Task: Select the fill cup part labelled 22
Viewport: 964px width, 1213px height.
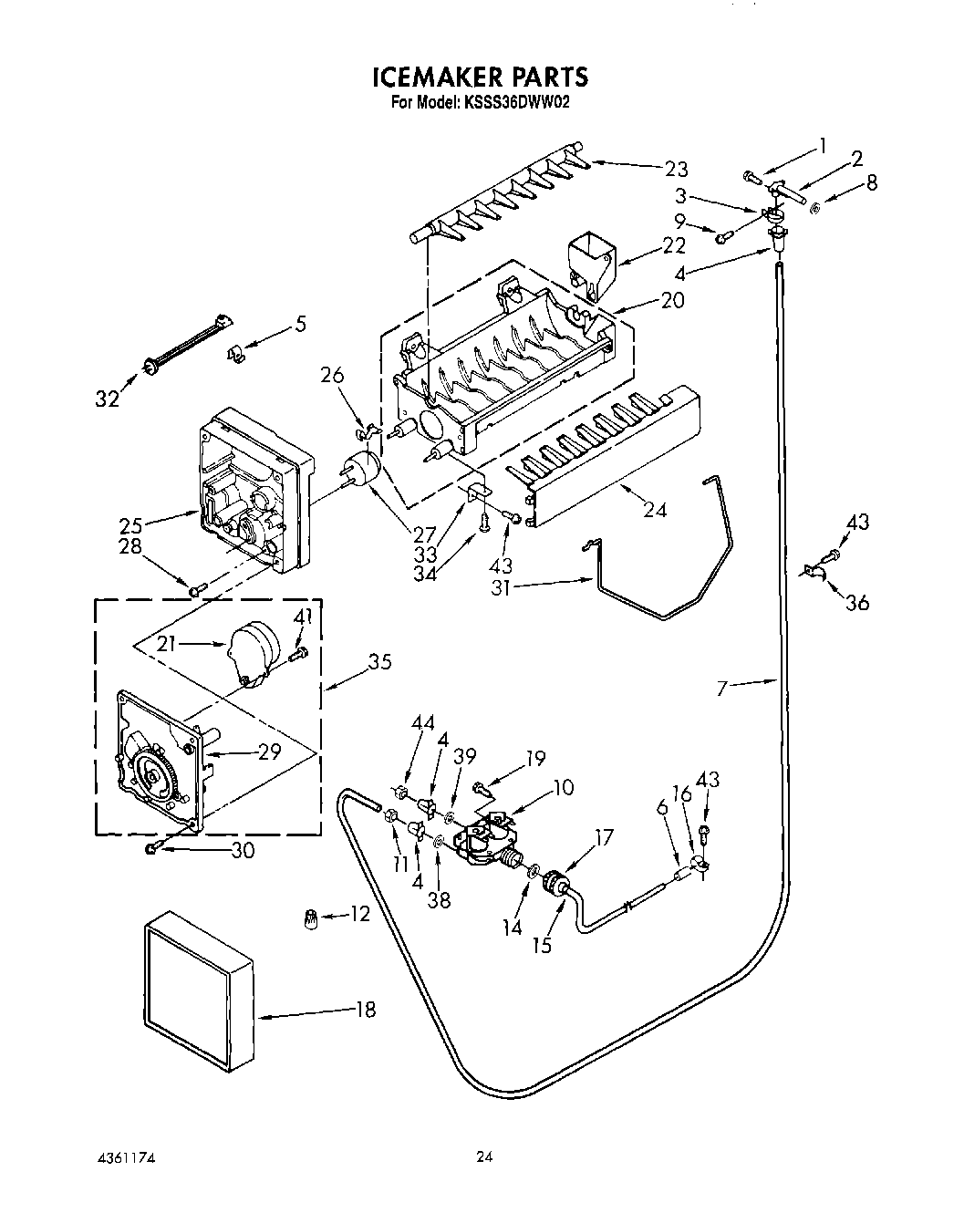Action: [590, 260]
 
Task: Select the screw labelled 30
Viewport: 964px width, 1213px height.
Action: [152, 849]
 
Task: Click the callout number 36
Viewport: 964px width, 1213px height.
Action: [857, 602]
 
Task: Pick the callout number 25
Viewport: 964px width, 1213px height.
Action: [130, 525]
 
